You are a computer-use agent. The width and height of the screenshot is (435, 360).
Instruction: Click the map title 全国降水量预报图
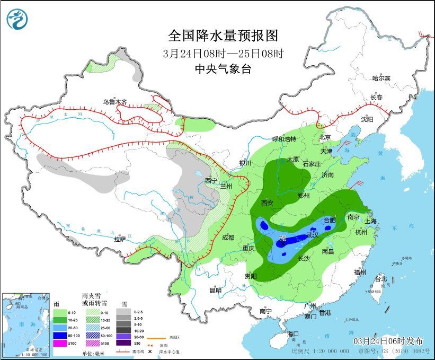pos(223,36)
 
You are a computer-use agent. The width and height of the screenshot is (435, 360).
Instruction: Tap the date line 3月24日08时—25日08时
pos(223,53)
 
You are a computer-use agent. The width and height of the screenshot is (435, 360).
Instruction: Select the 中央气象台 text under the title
pos(223,68)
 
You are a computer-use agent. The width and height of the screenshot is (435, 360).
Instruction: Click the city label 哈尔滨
pos(380,78)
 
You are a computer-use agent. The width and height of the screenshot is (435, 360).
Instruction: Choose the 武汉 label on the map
pos(312,234)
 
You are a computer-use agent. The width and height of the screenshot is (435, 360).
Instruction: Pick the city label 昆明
pos(216,290)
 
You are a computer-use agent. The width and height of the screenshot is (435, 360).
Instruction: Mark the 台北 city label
pos(380,279)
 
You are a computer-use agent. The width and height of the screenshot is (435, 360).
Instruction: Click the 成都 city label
pos(228,237)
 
